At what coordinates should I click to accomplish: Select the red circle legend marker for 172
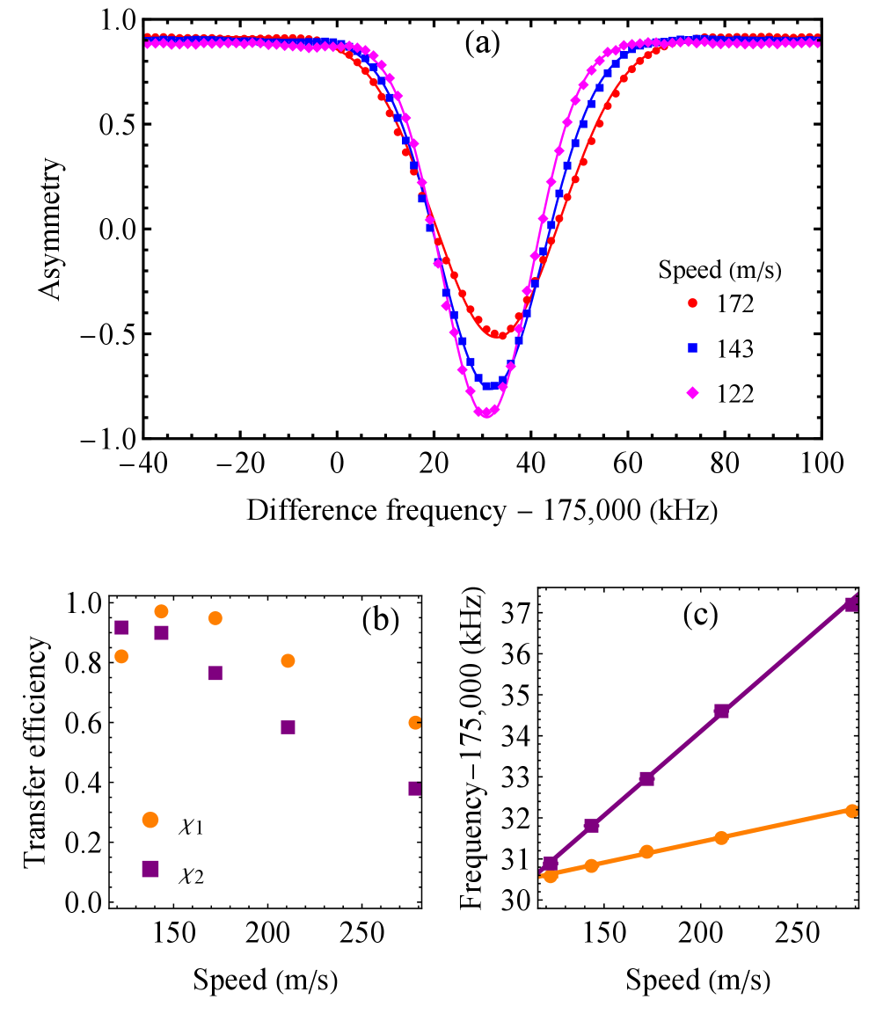tap(691, 304)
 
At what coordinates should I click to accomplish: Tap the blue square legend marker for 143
tap(691, 349)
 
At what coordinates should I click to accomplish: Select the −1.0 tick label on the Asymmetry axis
tap(109, 438)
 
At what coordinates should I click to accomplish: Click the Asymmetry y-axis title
tap(52, 229)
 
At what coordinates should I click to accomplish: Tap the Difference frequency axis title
tap(482, 509)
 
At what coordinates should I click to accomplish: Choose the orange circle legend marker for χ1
tap(150, 820)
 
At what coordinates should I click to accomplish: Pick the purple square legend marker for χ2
tap(150, 869)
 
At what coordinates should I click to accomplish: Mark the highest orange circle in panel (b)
tap(161, 611)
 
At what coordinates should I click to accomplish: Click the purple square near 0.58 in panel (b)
tap(288, 727)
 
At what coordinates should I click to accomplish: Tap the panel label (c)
tap(700, 616)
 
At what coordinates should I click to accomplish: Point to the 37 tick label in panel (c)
tap(519, 613)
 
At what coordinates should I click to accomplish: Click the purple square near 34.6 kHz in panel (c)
tap(721, 711)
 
